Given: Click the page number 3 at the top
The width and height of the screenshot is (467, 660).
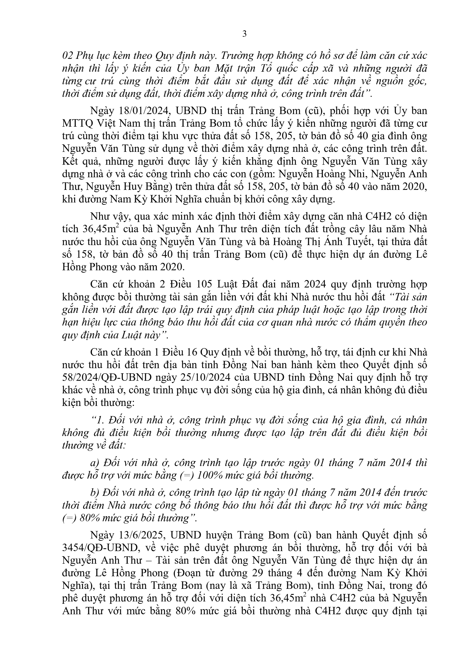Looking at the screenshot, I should coord(245,34).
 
